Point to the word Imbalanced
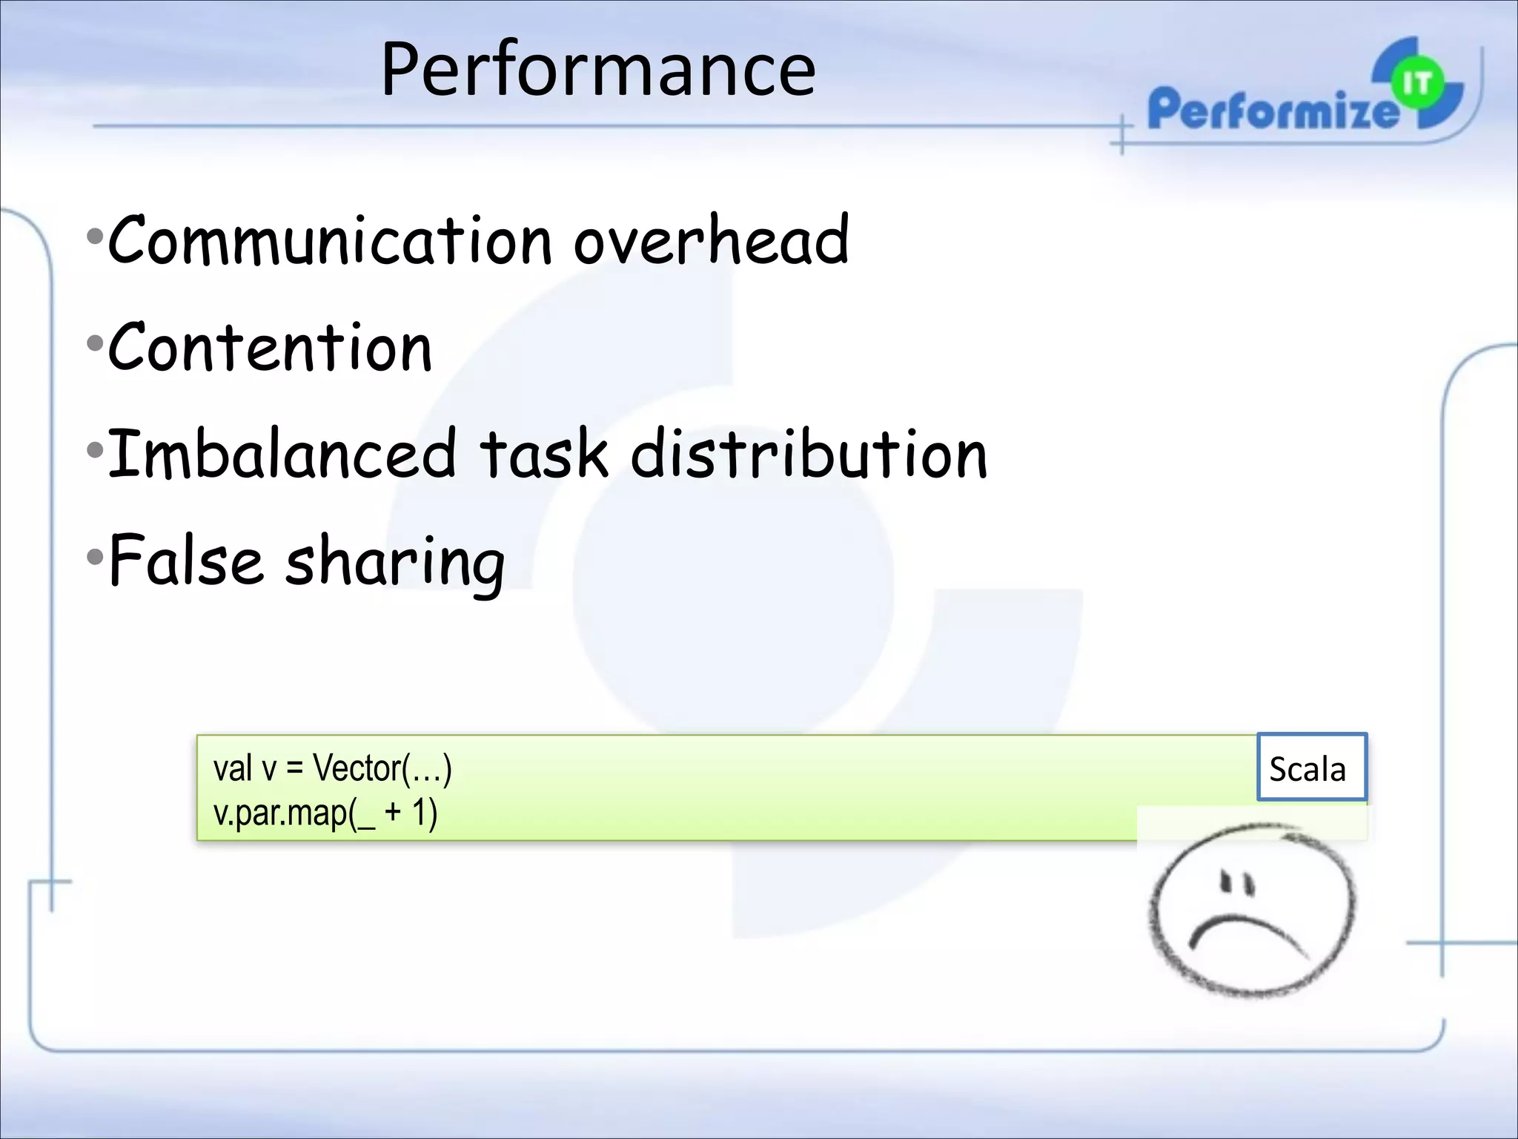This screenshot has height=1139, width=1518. click(282, 454)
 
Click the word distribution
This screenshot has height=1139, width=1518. click(809, 454)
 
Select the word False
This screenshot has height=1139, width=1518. click(185, 561)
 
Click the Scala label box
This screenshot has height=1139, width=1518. click(1310, 768)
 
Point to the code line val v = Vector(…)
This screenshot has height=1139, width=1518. click(332, 768)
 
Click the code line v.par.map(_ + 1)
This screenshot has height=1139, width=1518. click(325, 813)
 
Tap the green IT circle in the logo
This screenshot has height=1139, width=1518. click(1416, 84)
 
